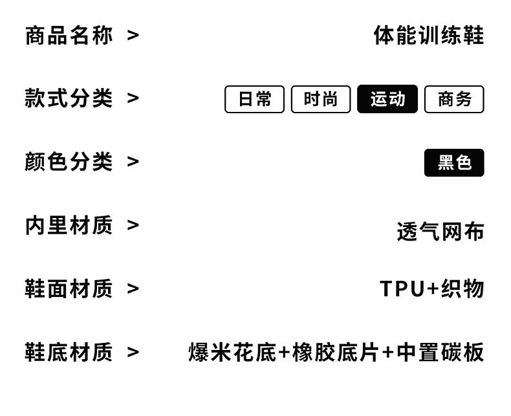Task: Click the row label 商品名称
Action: pos(69,35)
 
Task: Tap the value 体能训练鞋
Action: pos(428,35)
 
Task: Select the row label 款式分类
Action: pos(69,98)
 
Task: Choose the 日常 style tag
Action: pos(254,99)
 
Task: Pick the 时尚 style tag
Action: pos(321,99)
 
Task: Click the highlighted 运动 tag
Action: pos(387,99)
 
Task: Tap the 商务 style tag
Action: pos(454,99)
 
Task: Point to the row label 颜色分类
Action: pos(69,162)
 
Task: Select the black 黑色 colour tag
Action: pos(454,162)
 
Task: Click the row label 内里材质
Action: pos(69,225)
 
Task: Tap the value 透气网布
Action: pos(440,232)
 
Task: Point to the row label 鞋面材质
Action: pos(69,289)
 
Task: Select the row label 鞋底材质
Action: pos(69,352)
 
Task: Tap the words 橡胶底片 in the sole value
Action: pos(335,353)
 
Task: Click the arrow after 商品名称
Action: pos(133,36)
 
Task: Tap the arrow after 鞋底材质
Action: pos(133,353)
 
